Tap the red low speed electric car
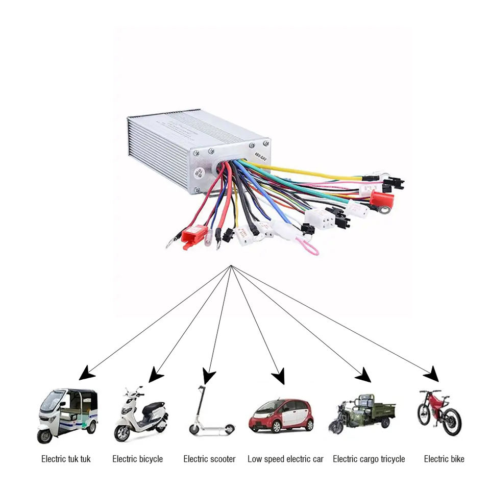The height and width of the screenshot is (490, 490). (281, 415)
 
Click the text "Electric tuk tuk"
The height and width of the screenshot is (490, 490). (66, 459)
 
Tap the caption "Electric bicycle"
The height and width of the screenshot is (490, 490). (137, 459)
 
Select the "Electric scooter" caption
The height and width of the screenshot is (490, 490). (209, 459)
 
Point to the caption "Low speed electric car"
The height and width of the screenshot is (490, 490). (285, 459)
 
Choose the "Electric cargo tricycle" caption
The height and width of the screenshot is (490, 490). (369, 459)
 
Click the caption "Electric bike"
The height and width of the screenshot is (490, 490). (444, 459)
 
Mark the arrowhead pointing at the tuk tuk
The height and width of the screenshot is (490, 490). (86, 374)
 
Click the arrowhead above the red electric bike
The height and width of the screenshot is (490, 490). (431, 375)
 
